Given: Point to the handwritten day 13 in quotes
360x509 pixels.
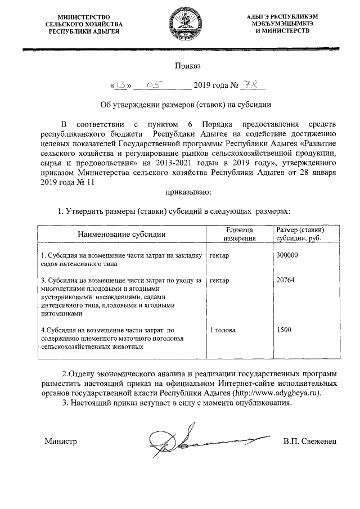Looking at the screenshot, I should click(120, 85).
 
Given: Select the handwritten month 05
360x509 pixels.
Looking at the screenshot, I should click(154, 85).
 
